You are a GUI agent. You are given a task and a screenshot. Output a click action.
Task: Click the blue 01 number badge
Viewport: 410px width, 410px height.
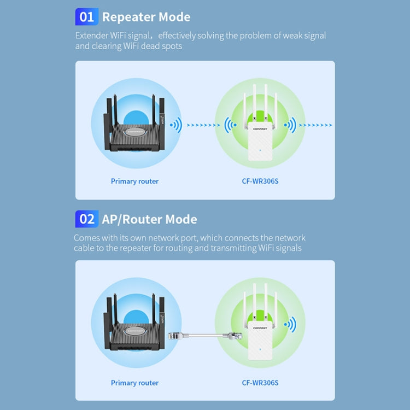pos(86,17)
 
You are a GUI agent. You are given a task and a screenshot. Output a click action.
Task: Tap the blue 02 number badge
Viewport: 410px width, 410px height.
pos(86,219)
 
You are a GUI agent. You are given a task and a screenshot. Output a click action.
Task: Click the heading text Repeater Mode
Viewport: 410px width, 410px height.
pos(146,17)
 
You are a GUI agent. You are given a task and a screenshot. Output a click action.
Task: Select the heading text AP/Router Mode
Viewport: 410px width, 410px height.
pos(149,219)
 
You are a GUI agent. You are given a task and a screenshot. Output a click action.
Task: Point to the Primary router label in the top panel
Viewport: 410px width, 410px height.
pos(134,181)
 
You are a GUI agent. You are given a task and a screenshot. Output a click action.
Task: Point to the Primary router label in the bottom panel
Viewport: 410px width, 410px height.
pos(134,383)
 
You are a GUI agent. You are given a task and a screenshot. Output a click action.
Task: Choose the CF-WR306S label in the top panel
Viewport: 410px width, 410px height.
pos(260,181)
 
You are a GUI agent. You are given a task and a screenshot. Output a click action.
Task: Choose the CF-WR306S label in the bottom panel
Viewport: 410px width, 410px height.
pos(260,383)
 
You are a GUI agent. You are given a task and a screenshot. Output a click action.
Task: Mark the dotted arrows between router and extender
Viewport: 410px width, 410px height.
pos(203,125)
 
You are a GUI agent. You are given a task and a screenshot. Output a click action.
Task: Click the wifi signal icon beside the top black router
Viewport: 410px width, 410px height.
pos(175,125)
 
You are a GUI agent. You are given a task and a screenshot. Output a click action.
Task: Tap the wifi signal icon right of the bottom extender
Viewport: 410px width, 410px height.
pos(290,325)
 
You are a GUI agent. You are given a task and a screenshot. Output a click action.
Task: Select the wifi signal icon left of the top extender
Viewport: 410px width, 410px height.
pos(230,126)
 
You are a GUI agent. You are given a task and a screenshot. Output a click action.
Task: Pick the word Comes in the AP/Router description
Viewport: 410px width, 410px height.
pos(87,238)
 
